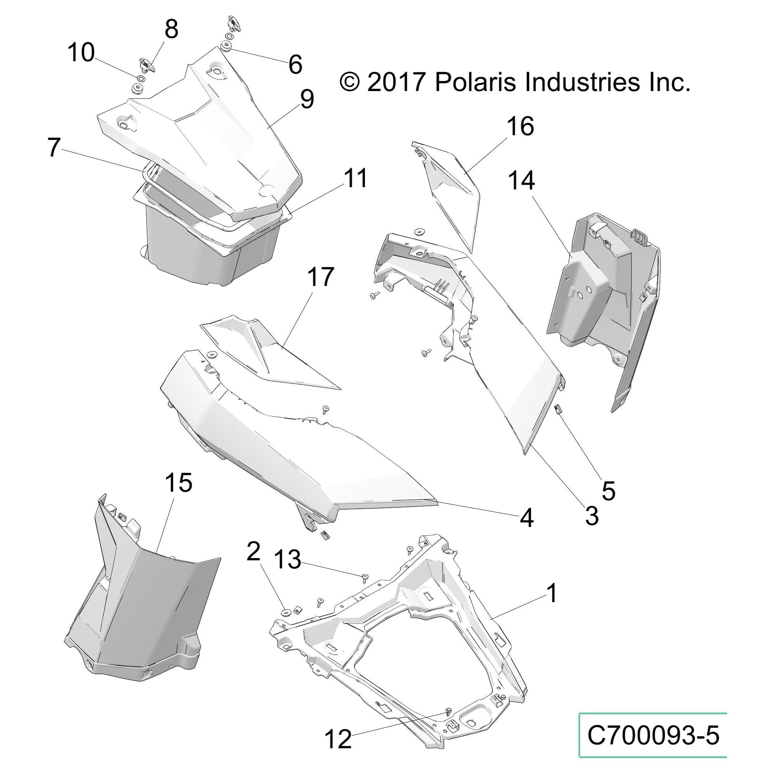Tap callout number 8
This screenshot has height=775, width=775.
coord(171,29)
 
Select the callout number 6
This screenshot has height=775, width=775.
coord(295,64)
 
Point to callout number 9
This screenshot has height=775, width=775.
coord(307,99)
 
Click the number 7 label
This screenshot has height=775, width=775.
coord(54,148)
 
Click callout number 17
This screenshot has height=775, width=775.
coord(320,277)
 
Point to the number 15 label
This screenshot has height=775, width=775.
coord(178,482)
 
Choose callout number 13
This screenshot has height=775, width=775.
coord(288,560)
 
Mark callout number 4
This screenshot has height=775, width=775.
coord(526,518)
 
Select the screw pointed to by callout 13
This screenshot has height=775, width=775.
coord(365,577)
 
